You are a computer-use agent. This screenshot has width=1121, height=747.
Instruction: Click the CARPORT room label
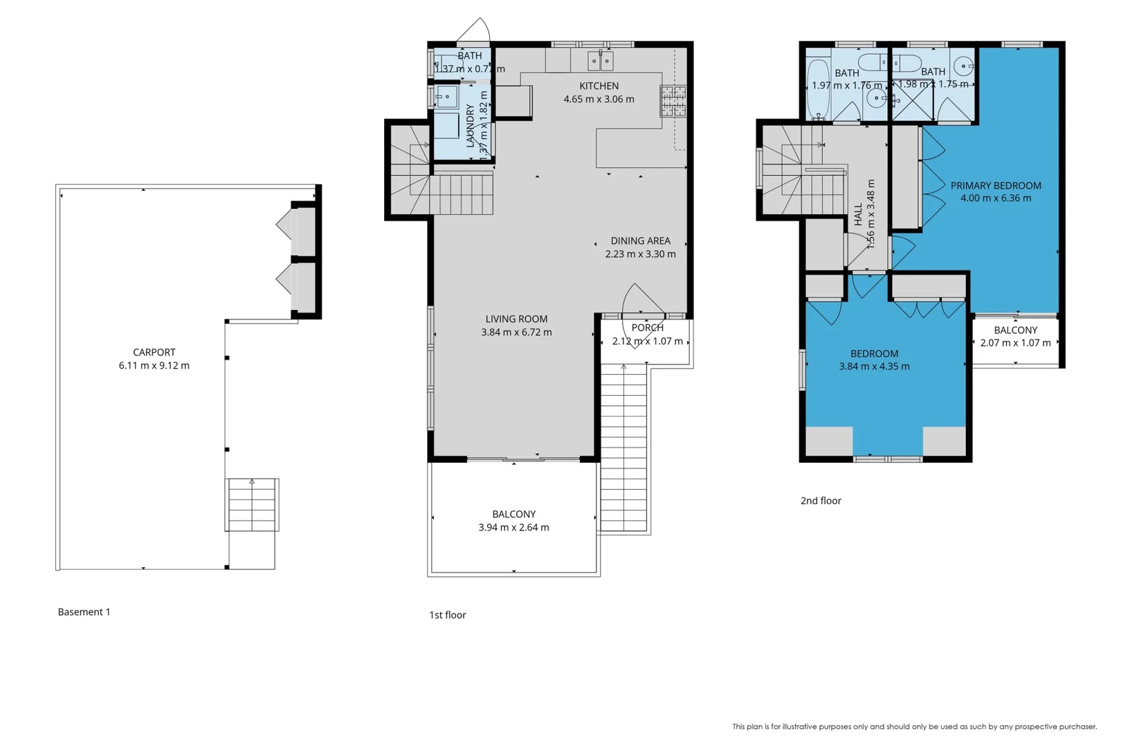point(154,352)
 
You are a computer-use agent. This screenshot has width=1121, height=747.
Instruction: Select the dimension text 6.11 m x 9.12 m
point(154,365)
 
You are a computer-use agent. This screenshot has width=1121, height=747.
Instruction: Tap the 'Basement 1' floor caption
point(84,611)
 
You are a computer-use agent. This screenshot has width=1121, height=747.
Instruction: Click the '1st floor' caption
point(447,615)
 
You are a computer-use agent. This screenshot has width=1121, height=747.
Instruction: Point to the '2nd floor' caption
point(821,501)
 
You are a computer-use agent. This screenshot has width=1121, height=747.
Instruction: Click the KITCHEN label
point(599,86)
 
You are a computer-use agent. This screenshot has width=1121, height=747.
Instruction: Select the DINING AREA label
point(640,241)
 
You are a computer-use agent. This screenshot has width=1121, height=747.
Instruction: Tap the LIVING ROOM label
point(516,319)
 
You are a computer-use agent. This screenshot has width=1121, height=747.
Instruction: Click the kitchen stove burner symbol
point(673,101)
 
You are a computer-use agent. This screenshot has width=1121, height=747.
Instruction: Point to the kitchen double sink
point(600,61)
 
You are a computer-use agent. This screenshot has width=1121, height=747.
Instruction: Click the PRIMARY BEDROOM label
point(995,185)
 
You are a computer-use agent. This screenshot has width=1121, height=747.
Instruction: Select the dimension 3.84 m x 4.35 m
point(874,367)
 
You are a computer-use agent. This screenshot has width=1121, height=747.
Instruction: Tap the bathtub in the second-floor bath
point(818,89)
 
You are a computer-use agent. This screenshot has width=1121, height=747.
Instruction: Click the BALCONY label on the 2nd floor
point(1015,330)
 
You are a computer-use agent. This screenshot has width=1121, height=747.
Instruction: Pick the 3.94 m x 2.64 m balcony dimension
point(513,527)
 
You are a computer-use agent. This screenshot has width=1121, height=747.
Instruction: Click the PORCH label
point(647,328)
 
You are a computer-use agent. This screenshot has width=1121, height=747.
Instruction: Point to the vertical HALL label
point(858,214)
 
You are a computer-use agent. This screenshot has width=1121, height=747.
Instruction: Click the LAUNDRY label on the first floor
point(471,126)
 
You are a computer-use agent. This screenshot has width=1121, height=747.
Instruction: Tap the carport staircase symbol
point(252,505)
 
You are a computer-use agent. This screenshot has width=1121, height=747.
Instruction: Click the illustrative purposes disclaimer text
point(914,726)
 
